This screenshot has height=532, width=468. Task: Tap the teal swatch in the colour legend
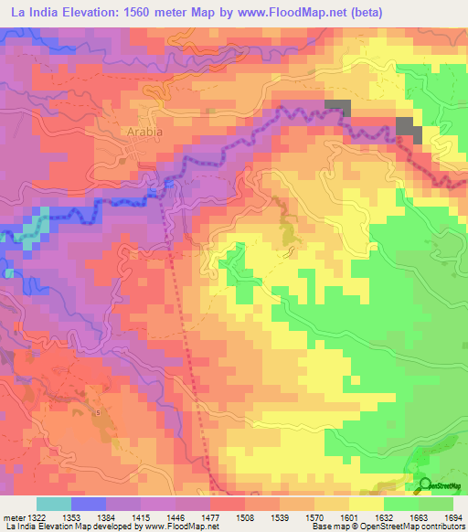pos(54,504)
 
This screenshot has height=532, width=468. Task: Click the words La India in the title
pos(31,12)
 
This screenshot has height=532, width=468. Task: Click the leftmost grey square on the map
pos(337,106)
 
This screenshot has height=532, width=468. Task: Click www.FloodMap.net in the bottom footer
pos(183,527)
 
